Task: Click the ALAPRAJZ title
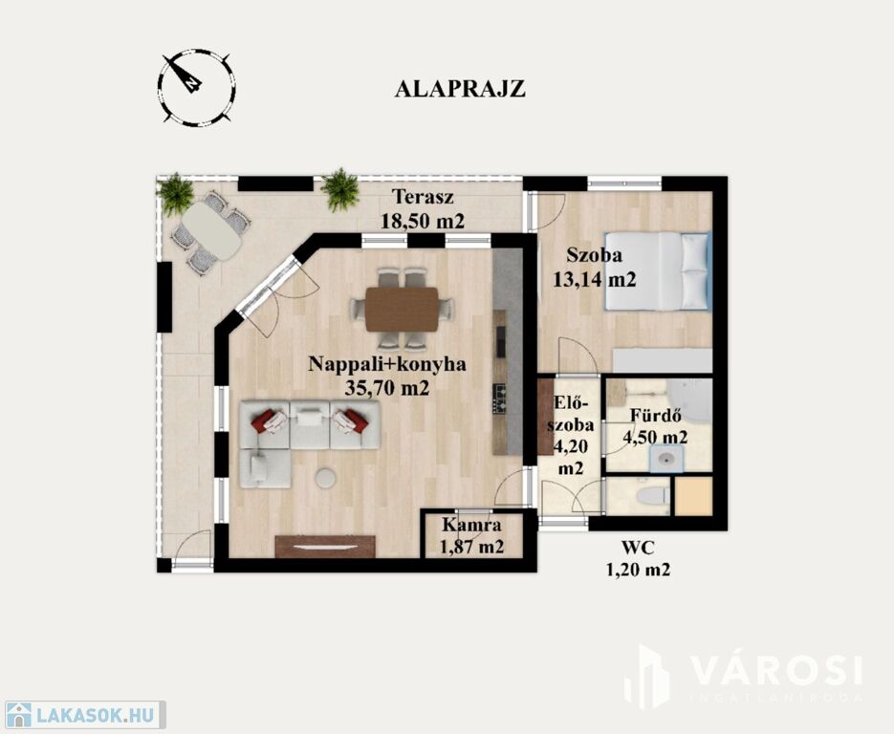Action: coord(460,90)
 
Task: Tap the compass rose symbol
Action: coord(196,87)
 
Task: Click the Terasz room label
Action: coord(423,197)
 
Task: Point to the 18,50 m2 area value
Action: coord(423,221)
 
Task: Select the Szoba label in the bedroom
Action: coord(594,255)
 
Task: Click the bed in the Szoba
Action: coord(658,271)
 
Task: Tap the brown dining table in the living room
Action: coord(402,310)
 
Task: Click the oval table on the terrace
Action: coord(211,230)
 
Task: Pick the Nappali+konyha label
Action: coord(387,364)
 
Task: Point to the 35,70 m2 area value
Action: coord(387,389)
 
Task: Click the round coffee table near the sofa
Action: coord(325,478)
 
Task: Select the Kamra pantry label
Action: coord(471,525)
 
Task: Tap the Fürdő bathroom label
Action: coord(655,416)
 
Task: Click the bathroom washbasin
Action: coord(666,459)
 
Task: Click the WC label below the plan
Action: coord(638,549)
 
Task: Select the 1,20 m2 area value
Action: coord(638,570)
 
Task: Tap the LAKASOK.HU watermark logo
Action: coord(83,715)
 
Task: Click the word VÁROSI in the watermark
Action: coord(776,670)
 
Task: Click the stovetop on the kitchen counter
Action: coord(500,399)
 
